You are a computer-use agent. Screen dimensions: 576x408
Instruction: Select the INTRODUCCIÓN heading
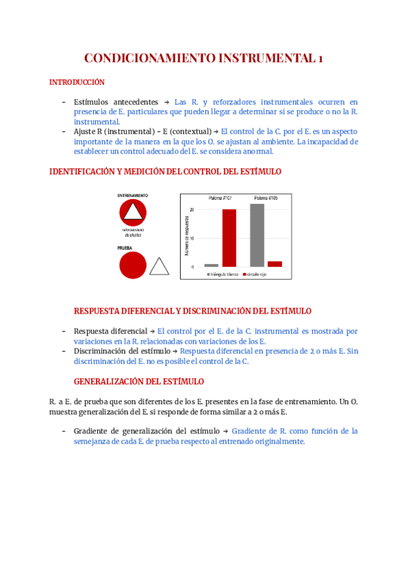pos(77,83)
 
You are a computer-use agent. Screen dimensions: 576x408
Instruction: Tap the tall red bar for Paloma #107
pos(229,238)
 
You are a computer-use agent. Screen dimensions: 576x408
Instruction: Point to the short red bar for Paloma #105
pos(275,264)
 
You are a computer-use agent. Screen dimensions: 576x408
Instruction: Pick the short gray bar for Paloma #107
pos(211,266)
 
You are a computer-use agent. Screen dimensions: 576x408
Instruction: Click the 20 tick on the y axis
pos(192,210)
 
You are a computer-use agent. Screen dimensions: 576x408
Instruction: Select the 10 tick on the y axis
pos(192,238)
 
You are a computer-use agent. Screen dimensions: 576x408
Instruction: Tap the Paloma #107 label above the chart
pos(220,198)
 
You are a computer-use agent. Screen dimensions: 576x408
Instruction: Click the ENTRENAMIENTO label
pos(133,196)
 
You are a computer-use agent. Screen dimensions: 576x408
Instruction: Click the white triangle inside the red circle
pos(133,214)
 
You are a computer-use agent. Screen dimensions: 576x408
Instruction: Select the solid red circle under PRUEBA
pos(133,265)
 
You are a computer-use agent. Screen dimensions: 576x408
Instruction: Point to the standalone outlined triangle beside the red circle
pos(159,267)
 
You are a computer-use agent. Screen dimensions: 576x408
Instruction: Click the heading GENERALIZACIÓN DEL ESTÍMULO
pos(139,382)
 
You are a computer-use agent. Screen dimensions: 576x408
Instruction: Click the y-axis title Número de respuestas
pos(186,238)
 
